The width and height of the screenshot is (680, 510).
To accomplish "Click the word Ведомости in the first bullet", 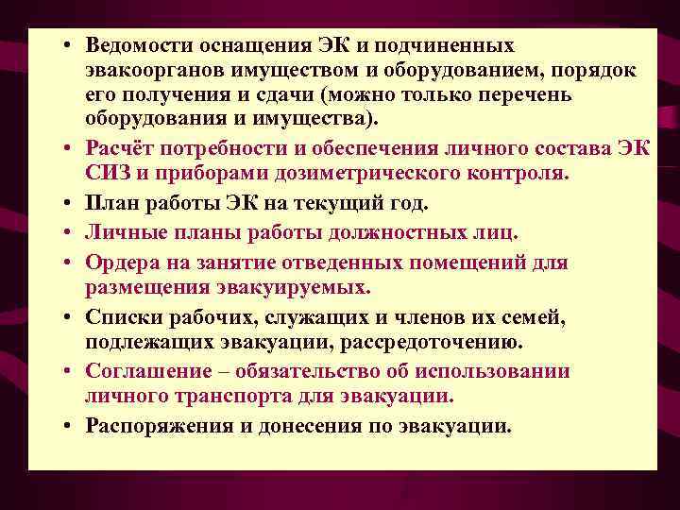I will [x=131, y=46].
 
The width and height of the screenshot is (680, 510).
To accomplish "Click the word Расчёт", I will [x=119, y=149].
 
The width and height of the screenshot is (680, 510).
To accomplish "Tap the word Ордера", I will [x=118, y=261].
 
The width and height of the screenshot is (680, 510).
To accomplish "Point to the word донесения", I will [x=298, y=425].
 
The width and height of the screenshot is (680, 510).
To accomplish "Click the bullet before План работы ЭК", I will [x=71, y=203].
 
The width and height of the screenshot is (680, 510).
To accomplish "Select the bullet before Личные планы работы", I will [x=71, y=231].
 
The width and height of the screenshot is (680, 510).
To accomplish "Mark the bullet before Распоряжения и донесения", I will [x=71, y=425].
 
